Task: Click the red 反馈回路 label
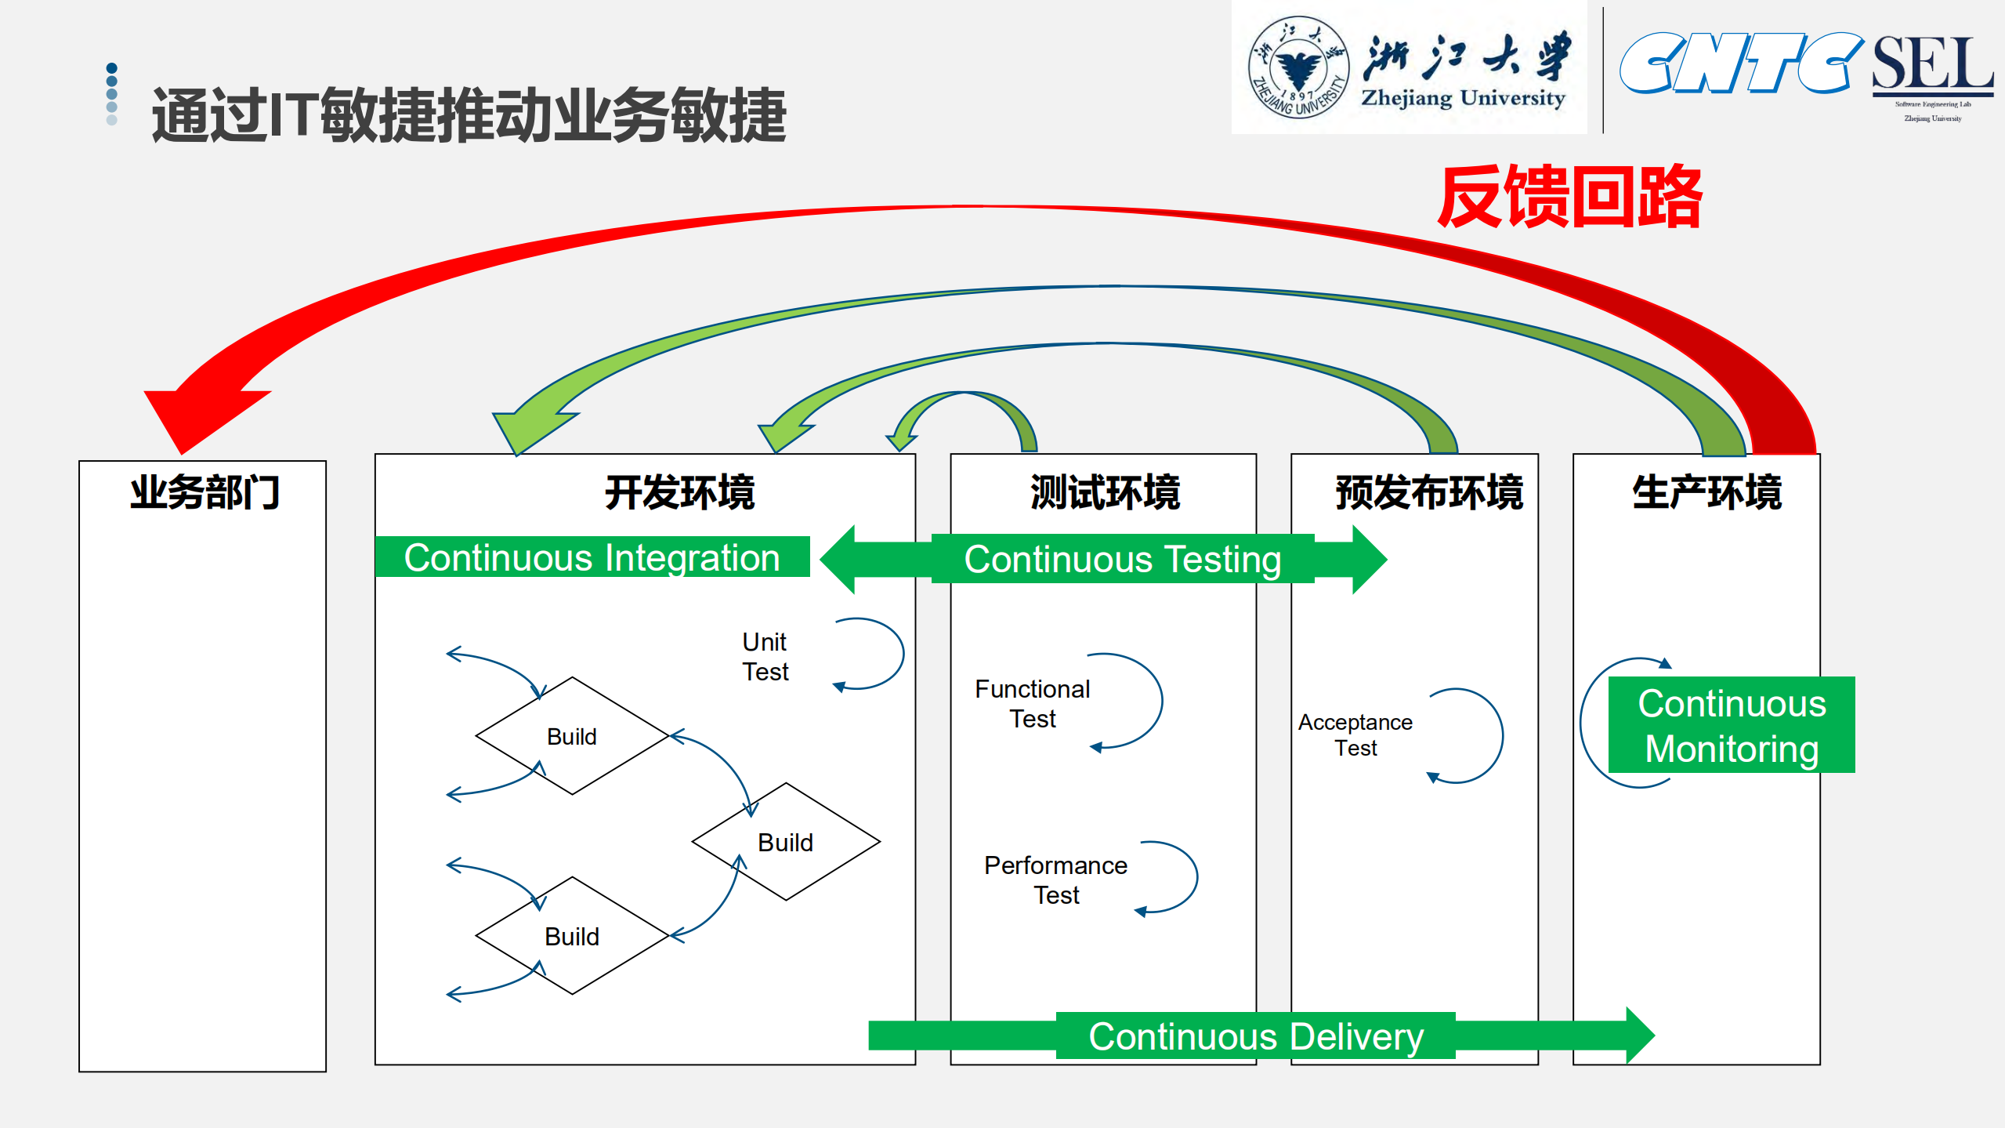(1570, 198)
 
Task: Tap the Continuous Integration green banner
(592, 557)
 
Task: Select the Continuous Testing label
(1122, 560)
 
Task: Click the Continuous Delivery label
(1255, 1036)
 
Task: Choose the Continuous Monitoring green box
(1732, 725)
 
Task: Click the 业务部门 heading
(204, 493)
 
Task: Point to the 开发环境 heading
(679, 493)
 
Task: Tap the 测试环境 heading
(1105, 493)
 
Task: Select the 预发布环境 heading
(1428, 493)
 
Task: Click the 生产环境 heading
(1706, 493)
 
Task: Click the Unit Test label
(765, 657)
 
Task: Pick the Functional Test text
(1032, 703)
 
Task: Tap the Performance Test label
(1055, 880)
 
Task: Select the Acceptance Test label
(1355, 734)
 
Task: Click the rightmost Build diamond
(786, 842)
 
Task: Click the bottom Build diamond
(572, 936)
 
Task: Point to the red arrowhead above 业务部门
(196, 416)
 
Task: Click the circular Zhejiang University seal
(1298, 67)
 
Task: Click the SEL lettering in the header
(1932, 64)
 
